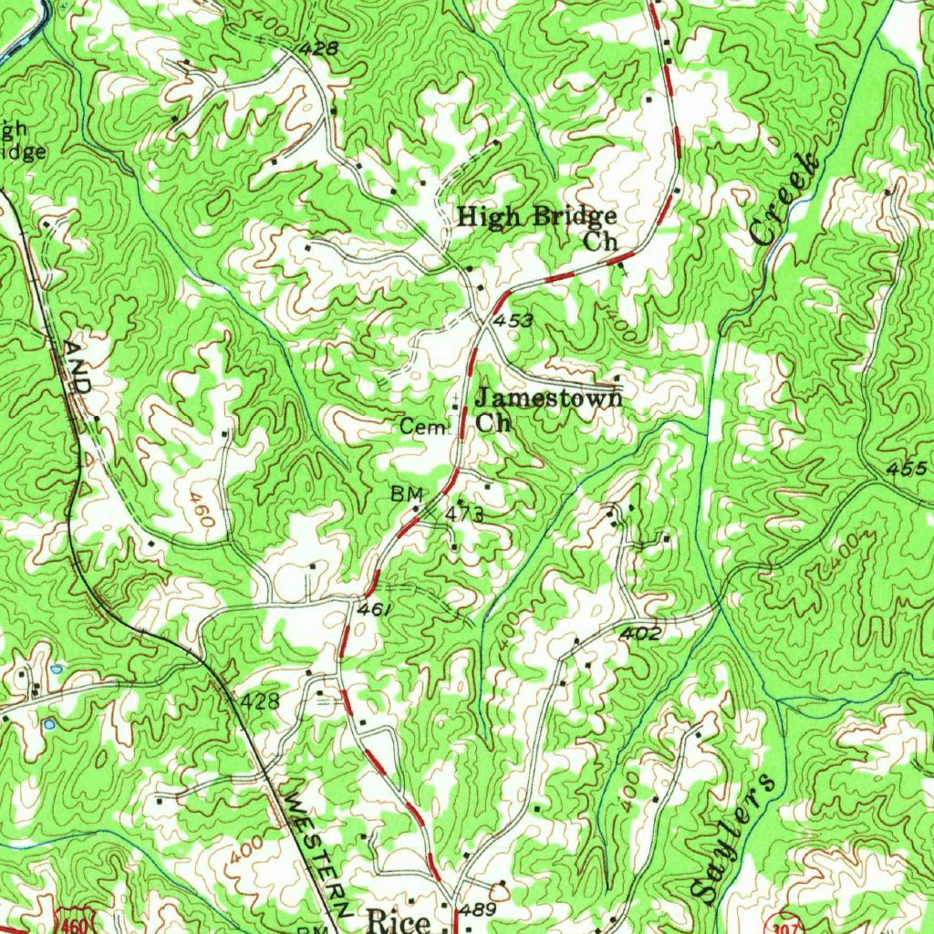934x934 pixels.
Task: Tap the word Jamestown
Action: click(x=549, y=399)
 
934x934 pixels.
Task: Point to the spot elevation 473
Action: click(x=464, y=515)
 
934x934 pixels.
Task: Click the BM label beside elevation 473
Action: click(x=403, y=493)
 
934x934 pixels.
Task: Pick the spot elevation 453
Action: click(x=513, y=321)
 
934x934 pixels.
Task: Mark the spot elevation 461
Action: click(x=375, y=608)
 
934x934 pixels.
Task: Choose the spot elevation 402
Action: click(x=642, y=633)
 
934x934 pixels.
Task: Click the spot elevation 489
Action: click(x=478, y=910)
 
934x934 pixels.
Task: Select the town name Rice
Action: click(x=398, y=919)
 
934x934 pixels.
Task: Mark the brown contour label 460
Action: click(x=202, y=511)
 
